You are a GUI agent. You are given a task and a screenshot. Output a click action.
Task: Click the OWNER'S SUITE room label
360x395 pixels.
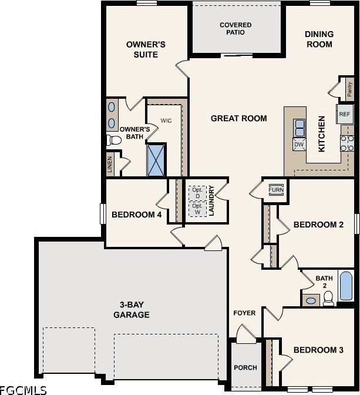(146, 49)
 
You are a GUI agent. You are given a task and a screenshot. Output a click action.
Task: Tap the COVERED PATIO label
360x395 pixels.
(235, 29)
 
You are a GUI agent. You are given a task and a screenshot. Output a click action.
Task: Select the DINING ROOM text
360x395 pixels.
(319, 39)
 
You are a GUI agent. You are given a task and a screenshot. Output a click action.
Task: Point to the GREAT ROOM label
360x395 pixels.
(238, 119)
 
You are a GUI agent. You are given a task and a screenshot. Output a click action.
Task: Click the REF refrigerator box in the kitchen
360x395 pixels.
(344, 114)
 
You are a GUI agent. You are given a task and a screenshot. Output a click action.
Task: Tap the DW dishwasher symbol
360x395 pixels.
(298, 144)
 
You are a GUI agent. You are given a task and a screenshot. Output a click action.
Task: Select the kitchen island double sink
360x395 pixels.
(300, 128)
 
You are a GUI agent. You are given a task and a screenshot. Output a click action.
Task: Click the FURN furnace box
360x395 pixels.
(275, 190)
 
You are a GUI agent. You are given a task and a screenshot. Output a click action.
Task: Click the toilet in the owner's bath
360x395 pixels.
(112, 140)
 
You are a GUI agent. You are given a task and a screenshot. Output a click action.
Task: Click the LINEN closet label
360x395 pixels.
(110, 165)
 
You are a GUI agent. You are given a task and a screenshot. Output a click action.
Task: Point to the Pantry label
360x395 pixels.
(349, 90)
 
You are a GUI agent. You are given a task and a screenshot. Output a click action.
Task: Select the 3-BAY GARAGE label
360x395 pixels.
(131, 310)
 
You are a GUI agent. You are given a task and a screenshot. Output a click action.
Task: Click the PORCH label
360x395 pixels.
(245, 368)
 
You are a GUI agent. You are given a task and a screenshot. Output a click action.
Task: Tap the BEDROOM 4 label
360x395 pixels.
(136, 215)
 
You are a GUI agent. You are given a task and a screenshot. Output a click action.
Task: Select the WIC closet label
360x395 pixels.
(166, 120)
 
